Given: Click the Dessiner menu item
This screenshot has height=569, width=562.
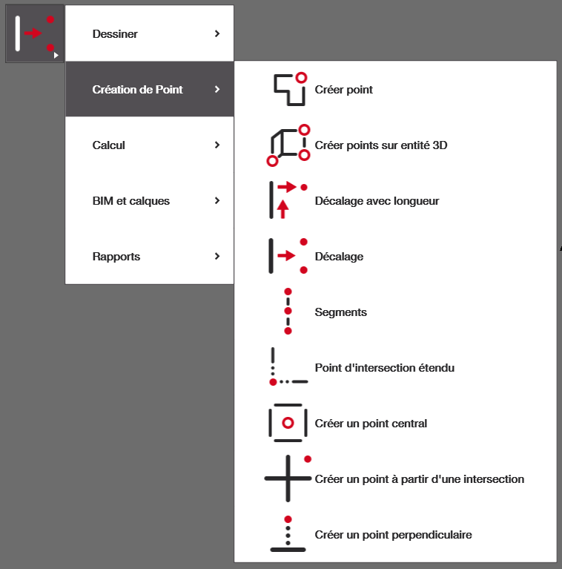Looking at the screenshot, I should (x=115, y=34).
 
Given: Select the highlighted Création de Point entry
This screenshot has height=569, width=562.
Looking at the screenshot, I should (x=138, y=90).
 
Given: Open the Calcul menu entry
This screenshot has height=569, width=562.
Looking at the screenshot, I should (x=109, y=145).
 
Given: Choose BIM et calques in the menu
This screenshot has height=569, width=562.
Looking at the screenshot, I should (x=131, y=201).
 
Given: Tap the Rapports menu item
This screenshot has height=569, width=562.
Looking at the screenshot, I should (x=116, y=257).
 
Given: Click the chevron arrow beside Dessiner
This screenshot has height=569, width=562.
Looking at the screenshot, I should (x=217, y=34).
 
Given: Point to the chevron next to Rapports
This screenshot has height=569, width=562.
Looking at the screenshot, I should (x=217, y=257).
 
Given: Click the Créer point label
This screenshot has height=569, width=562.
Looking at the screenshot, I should (x=344, y=90).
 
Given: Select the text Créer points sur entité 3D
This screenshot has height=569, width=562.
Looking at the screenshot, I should (x=381, y=145).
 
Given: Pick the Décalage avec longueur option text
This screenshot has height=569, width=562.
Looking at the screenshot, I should (x=377, y=201).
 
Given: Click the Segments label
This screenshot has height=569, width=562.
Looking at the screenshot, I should (x=341, y=312).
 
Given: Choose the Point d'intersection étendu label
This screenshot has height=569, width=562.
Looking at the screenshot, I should (x=385, y=368).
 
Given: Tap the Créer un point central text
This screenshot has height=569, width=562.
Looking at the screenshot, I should (x=371, y=424).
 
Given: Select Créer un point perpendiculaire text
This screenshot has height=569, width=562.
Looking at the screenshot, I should (x=394, y=535).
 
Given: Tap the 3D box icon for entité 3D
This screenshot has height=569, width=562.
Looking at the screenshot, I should (x=288, y=145).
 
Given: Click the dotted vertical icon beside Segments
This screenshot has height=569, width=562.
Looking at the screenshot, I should (x=288, y=312).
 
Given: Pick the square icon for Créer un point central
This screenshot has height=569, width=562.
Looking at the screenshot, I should (x=288, y=423).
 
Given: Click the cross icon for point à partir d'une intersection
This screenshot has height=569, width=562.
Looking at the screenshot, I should (x=288, y=478).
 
